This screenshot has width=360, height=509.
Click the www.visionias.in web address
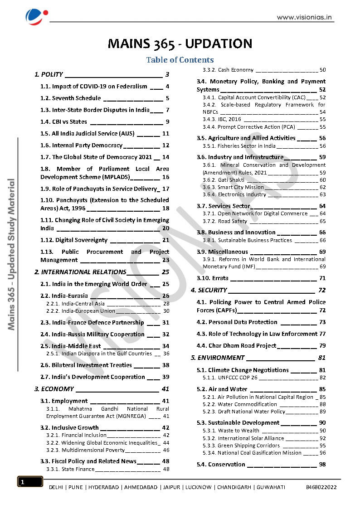[305, 18]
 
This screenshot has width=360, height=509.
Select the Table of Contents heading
[180, 60]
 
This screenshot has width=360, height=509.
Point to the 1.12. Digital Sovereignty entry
[74, 240]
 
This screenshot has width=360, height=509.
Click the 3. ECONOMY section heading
[54, 389]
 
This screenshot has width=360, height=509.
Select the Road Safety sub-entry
[233, 221]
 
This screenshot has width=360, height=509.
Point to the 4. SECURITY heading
[209, 290]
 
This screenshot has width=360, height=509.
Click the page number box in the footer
[30, 482]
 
